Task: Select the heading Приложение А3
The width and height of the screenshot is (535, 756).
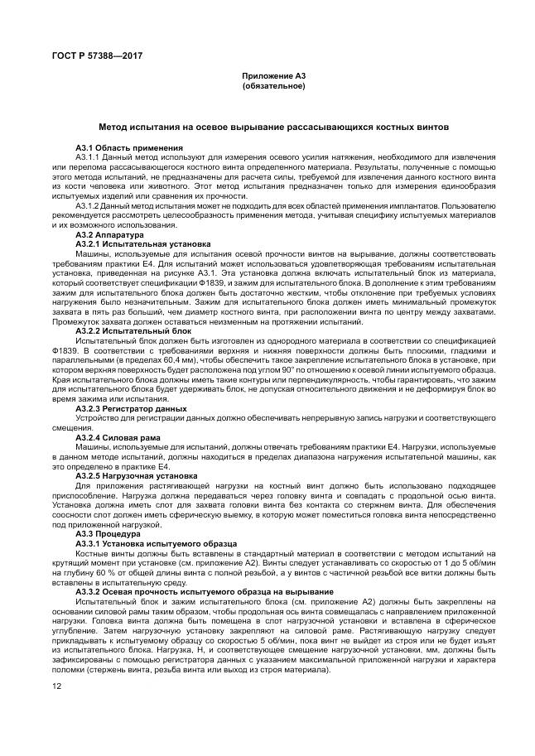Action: (x=273, y=76)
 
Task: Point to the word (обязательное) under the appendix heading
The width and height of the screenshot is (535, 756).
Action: (x=273, y=85)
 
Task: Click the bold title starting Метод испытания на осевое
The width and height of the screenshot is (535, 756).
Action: (x=273, y=128)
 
